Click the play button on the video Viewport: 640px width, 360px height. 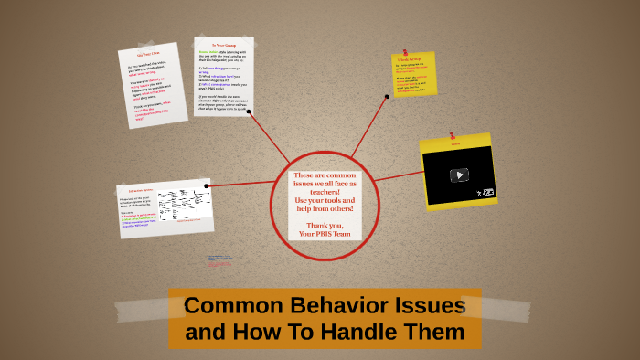pos(459,175)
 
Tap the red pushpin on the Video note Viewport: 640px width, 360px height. pos(454,138)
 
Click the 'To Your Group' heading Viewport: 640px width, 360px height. pos(224,45)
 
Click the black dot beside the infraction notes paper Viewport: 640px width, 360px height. pos(207,186)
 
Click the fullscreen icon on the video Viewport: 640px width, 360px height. pos(488,192)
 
